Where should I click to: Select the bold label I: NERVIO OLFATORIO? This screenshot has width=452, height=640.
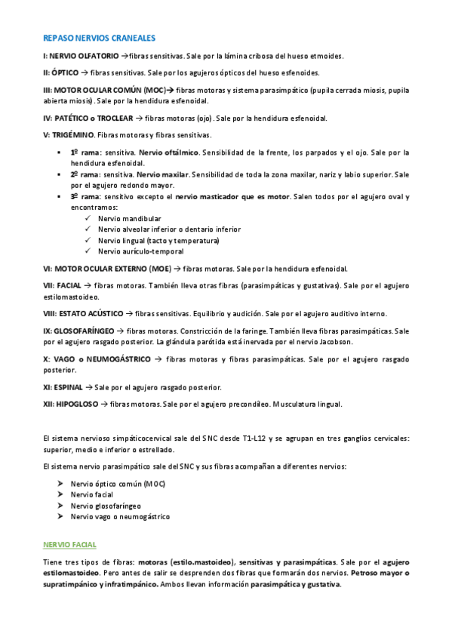point(81,56)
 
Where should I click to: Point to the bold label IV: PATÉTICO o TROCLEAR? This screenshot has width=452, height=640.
point(88,118)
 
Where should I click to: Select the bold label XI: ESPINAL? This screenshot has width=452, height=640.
point(63,387)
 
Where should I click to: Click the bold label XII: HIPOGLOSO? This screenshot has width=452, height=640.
point(71,404)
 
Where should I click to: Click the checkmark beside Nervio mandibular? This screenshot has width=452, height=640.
point(89,218)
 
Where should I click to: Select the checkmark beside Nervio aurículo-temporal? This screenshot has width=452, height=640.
point(89,251)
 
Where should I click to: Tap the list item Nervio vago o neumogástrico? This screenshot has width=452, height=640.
point(120,517)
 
